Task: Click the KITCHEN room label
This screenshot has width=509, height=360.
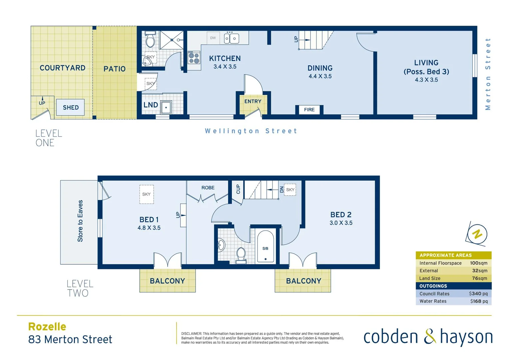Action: pos(225,58)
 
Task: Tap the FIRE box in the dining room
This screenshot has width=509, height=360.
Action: pos(309,110)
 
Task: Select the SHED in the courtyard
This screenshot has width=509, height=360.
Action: pos(70,107)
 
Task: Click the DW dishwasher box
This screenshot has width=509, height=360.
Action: pos(213,38)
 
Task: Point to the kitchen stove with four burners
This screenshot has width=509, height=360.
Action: pos(194,58)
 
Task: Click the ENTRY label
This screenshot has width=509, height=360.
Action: pos(253,101)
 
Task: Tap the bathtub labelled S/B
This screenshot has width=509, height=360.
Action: pos(265,246)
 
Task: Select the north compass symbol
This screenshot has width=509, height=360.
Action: pos(477,234)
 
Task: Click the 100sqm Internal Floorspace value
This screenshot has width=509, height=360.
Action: pos(478,263)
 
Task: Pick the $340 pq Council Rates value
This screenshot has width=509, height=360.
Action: pos(478,294)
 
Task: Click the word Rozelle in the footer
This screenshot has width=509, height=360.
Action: pos(47,327)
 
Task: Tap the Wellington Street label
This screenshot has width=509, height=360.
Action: pos(251,131)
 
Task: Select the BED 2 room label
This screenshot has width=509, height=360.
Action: pos(341,215)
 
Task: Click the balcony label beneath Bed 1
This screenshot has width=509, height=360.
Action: pos(167,281)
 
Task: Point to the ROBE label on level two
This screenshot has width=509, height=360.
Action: pos(208,188)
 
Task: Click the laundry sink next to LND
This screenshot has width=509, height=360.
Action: pos(166,107)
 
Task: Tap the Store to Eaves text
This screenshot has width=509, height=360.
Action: pos(80,221)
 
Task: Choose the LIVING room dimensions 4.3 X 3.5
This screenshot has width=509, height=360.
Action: pos(426,80)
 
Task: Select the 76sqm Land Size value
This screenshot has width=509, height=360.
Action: pos(479,278)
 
